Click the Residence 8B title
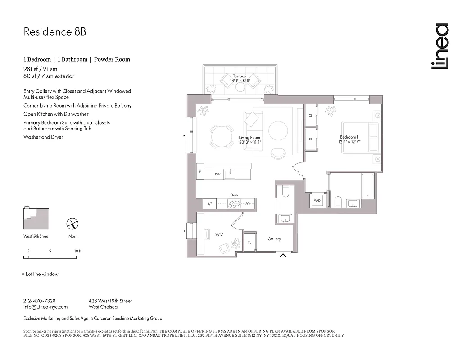pos(54,32)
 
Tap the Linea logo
pos(440,46)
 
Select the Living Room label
pos(249,138)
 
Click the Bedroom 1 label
pos(349,137)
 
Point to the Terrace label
pos(240,76)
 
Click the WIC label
pos(220,234)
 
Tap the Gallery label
pos(274,239)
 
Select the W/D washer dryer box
pos(317,200)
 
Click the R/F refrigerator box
pos(209,204)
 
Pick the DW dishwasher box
pos(217,174)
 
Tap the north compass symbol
pos(73,224)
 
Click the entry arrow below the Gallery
pos(283,256)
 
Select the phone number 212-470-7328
pos(39,301)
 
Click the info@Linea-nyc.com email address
pos(45,307)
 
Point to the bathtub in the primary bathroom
pos(367,186)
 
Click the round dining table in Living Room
pos(220,135)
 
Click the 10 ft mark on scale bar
pos(77,257)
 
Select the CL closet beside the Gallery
pos(249,243)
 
